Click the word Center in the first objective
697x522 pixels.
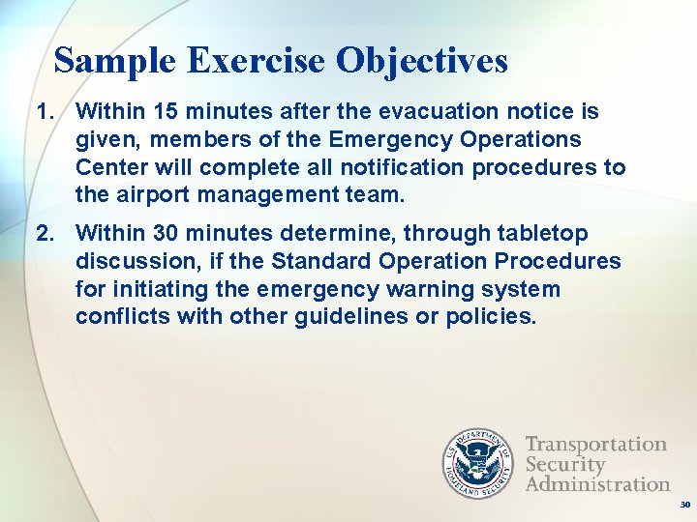click(x=107, y=168)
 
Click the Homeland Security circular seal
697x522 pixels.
click(x=476, y=464)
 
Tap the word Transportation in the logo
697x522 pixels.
click(x=595, y=445)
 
